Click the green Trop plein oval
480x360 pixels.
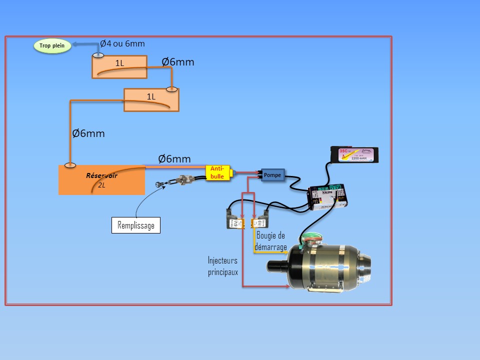click(52, 46)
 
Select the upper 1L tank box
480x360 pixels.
click(119, 67)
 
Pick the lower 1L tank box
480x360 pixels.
click(151, 99)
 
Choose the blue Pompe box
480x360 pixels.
click(273, 175)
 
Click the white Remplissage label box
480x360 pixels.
click(135, 225)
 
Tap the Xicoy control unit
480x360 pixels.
click(328, 195)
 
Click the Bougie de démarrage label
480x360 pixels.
click(271, 241)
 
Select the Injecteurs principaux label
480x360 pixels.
click(222, 266)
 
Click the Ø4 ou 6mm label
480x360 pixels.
click(122, 44)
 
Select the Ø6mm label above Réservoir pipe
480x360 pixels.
click(174, 159)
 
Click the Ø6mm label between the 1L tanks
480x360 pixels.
click(178, 62)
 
